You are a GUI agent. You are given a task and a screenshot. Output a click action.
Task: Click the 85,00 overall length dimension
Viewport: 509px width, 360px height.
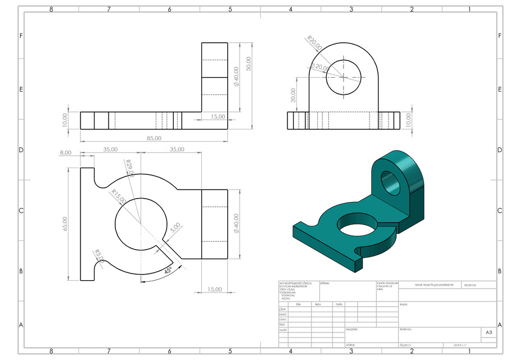click(x=154, y=138)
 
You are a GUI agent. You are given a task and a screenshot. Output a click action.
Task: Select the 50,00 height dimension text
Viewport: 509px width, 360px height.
click(x=249, y=63)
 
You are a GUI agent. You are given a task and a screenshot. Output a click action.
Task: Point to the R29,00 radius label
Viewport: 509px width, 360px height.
click(x=130, y=168)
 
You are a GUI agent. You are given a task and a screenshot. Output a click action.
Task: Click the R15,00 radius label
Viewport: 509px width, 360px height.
click(x=118, y=197)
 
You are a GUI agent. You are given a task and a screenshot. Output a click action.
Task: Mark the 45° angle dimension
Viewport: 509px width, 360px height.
click(x=168, y=271)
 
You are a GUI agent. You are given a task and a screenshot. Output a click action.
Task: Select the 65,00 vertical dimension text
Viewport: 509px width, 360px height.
click(x=65, y=223)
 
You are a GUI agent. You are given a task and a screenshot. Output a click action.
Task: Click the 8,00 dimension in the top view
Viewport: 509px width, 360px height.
click(x=66, y=152)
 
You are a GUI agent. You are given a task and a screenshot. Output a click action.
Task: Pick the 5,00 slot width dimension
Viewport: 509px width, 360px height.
click(x=175, y=228)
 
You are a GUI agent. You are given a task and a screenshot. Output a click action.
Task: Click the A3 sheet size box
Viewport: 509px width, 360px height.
click(x=488, y=333)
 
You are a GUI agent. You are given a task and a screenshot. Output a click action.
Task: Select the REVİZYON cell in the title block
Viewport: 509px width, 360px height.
click(x=470, y=285)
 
